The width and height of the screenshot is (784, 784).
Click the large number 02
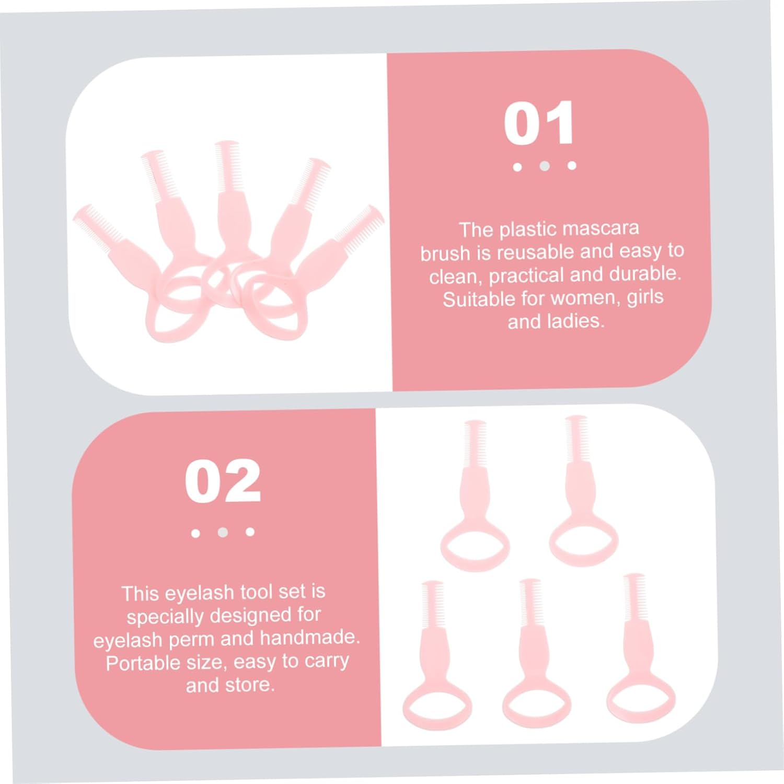(223, 481)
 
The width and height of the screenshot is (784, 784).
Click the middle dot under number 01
(545, 166)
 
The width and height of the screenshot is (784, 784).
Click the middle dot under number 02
(223, 532)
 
